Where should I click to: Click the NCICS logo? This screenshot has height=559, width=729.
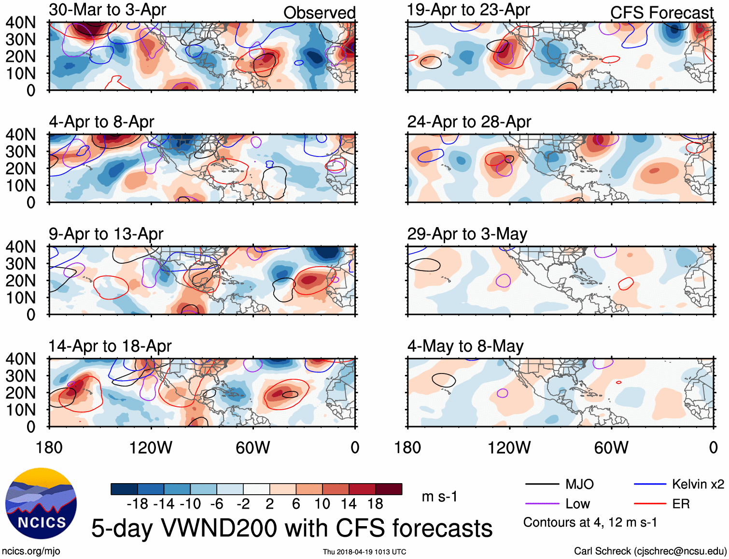point(41,503)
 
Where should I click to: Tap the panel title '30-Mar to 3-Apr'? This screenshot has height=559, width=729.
point(107,10)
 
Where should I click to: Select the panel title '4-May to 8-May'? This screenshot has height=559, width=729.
point(465,346)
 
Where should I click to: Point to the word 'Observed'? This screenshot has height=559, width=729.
point(319,13)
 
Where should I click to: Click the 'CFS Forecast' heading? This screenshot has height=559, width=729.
point(661,13)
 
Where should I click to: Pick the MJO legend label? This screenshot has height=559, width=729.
point(579,484)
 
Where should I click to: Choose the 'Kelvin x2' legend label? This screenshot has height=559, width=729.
point(698,484)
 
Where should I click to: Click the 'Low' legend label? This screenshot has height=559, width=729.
point(577,504)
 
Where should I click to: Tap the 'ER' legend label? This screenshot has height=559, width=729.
point(681,504)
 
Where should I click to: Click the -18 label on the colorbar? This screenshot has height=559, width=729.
point(138,504)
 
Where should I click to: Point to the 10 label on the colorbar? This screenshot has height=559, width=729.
point(322,504)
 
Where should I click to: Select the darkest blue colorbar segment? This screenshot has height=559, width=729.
point(124,489)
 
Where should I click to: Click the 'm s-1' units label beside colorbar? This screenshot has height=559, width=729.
point(439,496)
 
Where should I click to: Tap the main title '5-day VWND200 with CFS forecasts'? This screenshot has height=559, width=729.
point(292,528)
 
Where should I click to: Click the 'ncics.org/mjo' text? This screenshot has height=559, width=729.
point(31,551)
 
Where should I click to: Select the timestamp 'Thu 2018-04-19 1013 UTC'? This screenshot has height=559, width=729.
point(364,552)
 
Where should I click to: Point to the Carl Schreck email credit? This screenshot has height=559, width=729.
point(650,551)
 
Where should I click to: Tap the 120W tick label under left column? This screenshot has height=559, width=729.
point(151,447)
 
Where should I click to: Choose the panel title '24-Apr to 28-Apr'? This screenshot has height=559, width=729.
point(469,122)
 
